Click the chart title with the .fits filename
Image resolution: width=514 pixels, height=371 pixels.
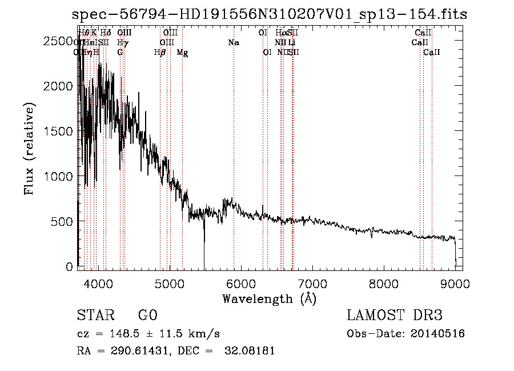270,14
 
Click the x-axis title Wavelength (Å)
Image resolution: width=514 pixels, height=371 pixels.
270,298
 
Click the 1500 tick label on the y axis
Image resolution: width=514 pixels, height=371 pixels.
59,131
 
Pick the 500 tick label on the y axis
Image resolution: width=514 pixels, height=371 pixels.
63,221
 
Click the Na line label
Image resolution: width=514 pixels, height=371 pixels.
233,42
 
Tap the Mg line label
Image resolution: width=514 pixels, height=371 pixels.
182,53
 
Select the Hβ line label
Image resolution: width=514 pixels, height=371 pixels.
160,53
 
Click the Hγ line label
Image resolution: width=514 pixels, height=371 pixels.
122,42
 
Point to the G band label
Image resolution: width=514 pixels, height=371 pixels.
120,53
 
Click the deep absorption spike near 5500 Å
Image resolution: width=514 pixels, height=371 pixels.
204,252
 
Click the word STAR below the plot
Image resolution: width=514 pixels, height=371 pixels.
94,316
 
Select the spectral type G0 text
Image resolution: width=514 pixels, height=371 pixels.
147,316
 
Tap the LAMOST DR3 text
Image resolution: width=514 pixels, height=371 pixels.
395,316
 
